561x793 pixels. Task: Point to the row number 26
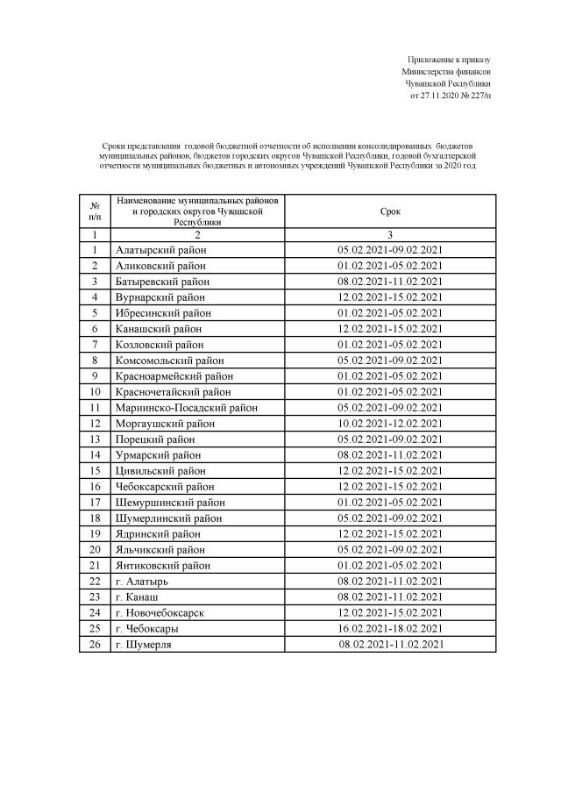(x=95, y=644)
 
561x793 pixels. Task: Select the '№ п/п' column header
(x=95, y=211)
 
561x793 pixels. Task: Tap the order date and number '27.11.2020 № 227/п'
(x=451, y=95)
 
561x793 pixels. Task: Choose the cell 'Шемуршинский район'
(x=170, y=502)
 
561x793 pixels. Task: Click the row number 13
(x=95, y=439)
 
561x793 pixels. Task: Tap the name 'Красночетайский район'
(x=174, y=391)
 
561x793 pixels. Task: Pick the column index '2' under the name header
(x=197, y=235)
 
